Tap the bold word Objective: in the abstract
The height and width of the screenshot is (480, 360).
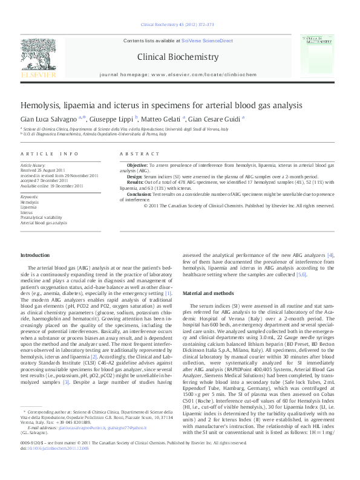[137, 164]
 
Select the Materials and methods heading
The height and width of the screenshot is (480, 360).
[208, 293]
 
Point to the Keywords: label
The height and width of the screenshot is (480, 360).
[30, 197]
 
